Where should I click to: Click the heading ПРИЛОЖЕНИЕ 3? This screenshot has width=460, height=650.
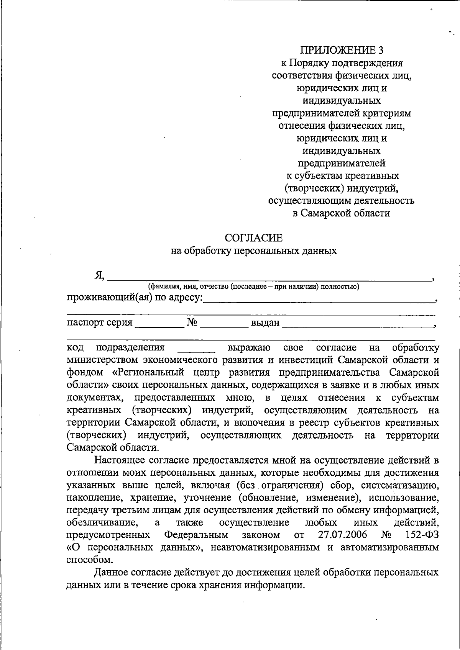[x=341, y=50]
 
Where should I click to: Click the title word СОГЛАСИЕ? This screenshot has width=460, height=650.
[x=254, y=238]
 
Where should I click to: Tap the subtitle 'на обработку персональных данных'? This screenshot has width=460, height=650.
[x=254, y=251]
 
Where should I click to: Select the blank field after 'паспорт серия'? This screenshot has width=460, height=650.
[x=159, y=324]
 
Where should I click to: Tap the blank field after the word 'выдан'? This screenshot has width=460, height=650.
[x=356, y=324]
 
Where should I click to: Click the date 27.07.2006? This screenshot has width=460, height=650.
[x=342, y=535]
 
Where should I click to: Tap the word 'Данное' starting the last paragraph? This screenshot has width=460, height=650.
[x=112, y=573]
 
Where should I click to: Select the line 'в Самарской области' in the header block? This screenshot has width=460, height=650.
[x=341, y=213]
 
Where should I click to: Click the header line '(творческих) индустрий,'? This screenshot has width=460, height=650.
[x=341, y=188]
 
